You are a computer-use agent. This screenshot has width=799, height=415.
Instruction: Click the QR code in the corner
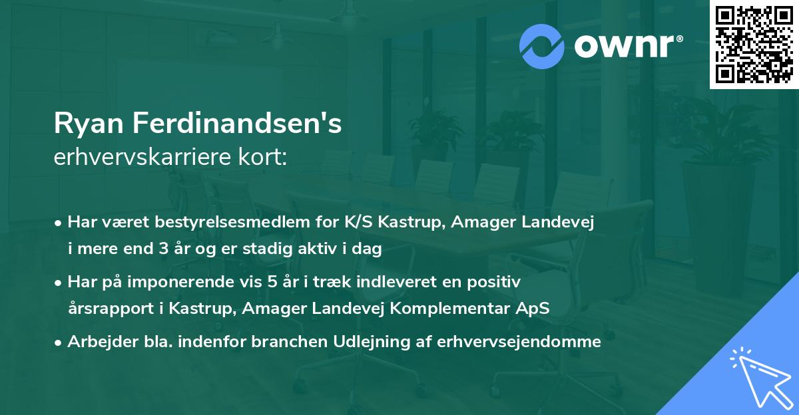click(754, 45)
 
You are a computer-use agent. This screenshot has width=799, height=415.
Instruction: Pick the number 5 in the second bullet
click(271, 282)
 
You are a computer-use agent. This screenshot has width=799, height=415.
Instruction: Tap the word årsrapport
click(105, 309)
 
